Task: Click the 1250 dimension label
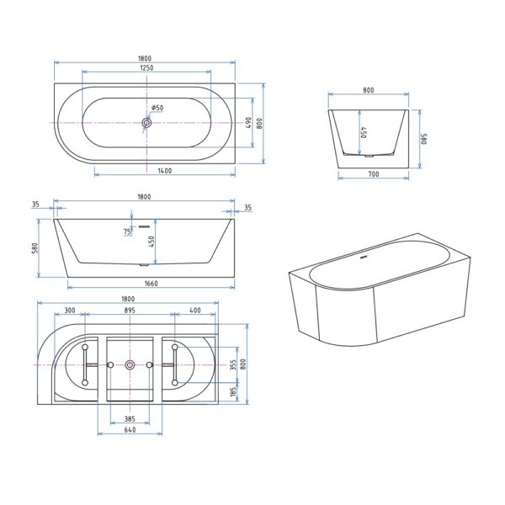click(x=146, y=68)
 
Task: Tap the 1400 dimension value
click(x=165, y=171)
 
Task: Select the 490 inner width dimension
click(x=248, y=123)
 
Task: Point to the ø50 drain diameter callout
click(x=157, y=108)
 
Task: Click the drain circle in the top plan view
click(x=146, y=122)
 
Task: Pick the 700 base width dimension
click(x=373, y=174)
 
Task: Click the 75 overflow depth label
click(x=127, y=231)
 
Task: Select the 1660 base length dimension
click(x=151, y=284)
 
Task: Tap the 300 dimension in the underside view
click(x=70, y=310)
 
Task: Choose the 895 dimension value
click(x=130, y=310)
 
